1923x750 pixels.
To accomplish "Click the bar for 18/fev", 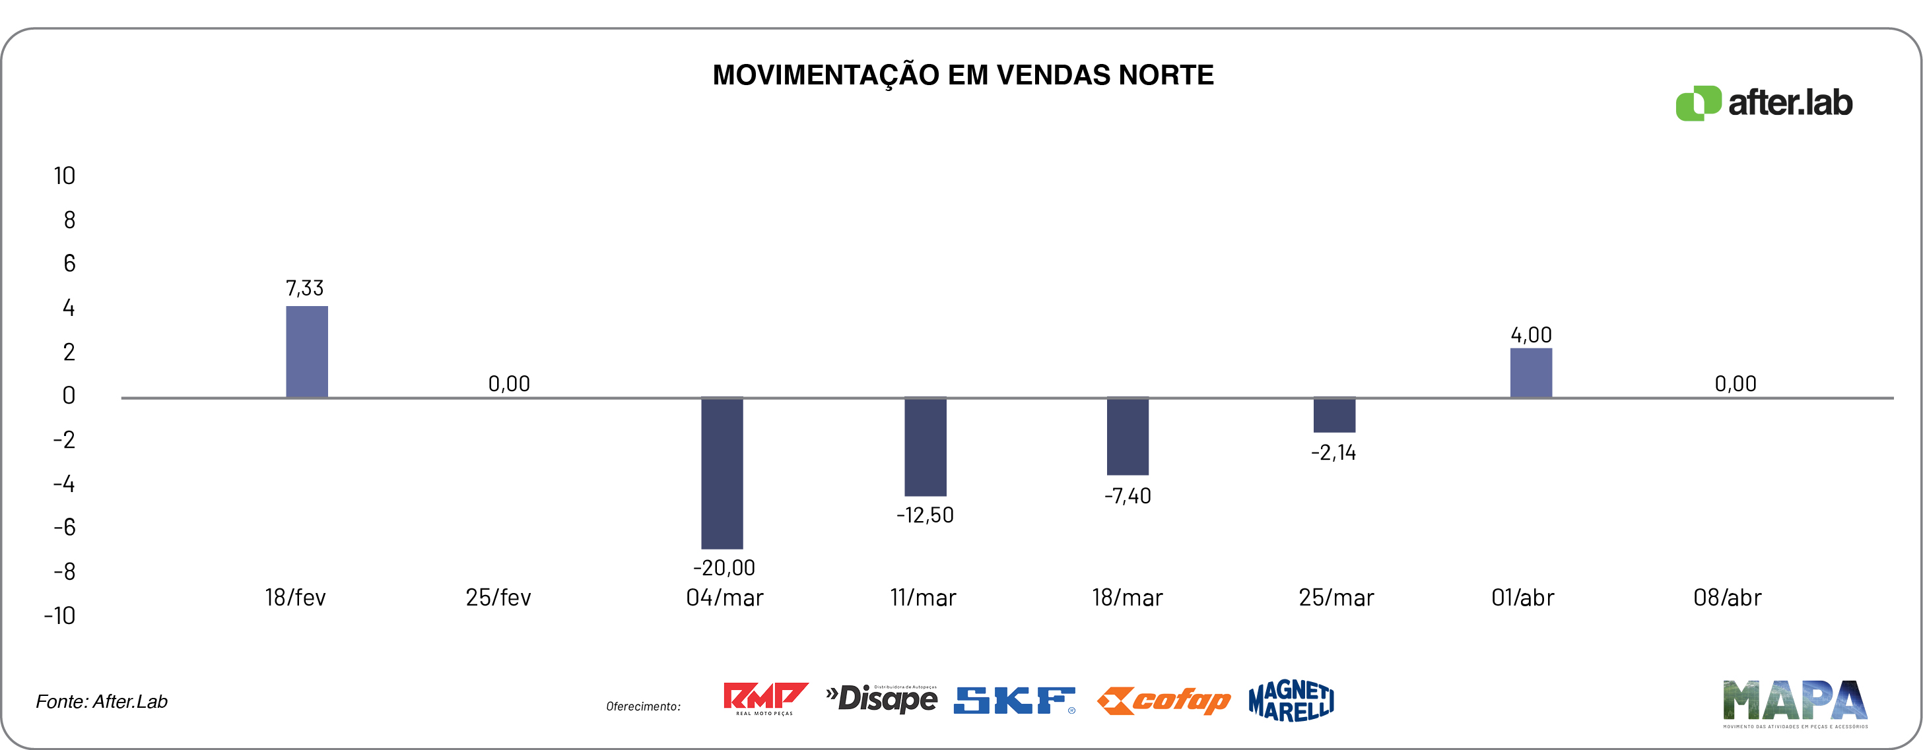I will point(307,352).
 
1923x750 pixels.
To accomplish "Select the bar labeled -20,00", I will point(722,473).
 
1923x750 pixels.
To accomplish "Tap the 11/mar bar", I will point(925,447).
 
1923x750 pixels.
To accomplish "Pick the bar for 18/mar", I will point(1128,437).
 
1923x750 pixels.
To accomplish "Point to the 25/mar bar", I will point(1334,415).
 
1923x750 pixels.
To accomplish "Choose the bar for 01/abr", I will point(1530,373).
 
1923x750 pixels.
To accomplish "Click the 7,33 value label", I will point(304,288).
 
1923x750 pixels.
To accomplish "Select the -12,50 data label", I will point(925,515).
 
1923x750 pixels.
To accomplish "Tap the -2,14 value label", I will point(1333,453).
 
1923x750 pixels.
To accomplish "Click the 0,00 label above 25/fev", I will point(509,384).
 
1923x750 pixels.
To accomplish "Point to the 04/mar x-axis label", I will point(724,598).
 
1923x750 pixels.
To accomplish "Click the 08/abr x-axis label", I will point(1727,598).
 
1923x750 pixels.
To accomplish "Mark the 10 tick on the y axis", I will point(64,176).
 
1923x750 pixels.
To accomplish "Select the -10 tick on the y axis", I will point(59,615).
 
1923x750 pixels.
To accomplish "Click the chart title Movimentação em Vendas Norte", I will point(963,75).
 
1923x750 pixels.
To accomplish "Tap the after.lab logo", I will point(1763,103).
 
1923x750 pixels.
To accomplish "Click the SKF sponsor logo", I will point(1014,700).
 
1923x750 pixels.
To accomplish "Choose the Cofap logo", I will point(1163,700).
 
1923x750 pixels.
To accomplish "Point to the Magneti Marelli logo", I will point(1291,700).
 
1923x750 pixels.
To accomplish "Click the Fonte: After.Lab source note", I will point(102,701).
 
